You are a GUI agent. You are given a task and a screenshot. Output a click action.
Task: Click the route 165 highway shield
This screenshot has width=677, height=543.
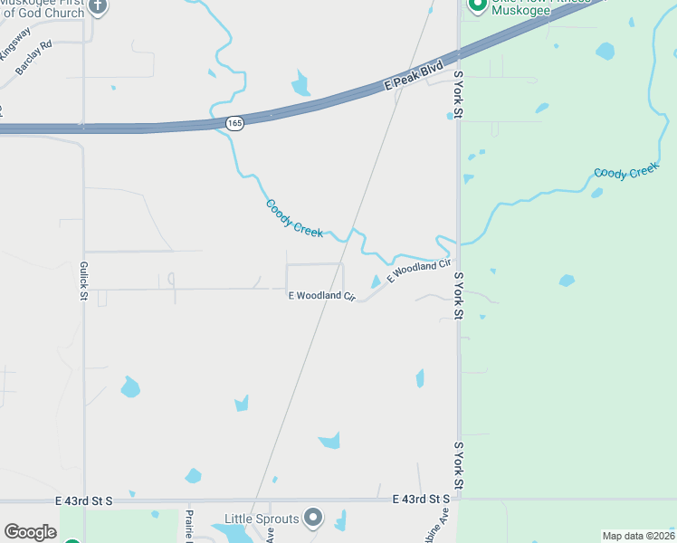[235, 123]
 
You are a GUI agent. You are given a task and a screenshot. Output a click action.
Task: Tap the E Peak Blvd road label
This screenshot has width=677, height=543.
[414, 76]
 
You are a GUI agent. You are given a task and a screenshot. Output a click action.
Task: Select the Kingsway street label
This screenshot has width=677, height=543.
[14, 43]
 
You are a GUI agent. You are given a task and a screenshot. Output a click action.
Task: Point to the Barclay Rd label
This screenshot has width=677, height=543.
[33, 56]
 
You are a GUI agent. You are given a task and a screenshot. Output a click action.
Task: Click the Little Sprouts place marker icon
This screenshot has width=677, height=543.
[313, 518]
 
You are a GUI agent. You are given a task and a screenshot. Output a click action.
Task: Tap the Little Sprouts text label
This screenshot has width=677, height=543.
[262, 519]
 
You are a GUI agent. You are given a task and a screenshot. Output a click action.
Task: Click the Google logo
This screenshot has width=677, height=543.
[30, 532]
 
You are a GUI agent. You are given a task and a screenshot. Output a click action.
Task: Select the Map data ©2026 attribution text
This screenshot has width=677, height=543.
[638, 536]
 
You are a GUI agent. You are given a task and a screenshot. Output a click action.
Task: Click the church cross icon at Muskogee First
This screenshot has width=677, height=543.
[99, 6]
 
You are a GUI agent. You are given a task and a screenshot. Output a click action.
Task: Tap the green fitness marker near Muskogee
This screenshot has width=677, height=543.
[476, 6]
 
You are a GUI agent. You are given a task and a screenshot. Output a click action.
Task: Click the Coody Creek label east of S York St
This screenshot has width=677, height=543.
[625, 171]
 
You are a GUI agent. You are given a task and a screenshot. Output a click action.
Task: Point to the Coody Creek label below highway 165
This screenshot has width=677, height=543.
[294, 218]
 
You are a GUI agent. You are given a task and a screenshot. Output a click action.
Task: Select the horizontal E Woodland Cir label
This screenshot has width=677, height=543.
[321, 296]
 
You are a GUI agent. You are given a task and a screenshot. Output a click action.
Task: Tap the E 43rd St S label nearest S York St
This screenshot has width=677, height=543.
[422, 499]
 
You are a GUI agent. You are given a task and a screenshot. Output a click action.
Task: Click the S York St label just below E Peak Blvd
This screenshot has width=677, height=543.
[458, 94]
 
